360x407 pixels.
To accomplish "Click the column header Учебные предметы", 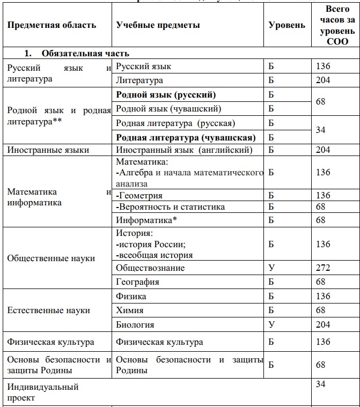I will pyautogui.click(x=158, y=25).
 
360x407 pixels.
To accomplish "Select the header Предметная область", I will pyautogui.click(x=52, y=25).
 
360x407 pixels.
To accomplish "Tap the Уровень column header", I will pyautogui.click(x=287, y=25).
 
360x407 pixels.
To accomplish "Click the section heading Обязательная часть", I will pyautogui.click(x=85, y=54).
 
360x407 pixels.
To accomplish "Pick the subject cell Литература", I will pyautogui.click(x=139, y=80).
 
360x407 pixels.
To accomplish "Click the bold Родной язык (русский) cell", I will pyautogui.click(x=166, y=95).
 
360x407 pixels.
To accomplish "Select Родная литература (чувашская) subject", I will pyautogui.click(x=185, y=137).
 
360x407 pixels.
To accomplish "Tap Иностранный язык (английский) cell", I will pyautogui.click(x=184, y=150).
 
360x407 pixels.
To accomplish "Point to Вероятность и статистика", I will pyautogui.click(x=170, y=207).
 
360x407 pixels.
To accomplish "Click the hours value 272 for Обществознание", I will pyautogui.click(x=324, y=268).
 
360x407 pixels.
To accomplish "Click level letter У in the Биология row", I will pyautogui.click(x=271, y=324).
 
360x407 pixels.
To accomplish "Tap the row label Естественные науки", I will pyautogui.click(x=48, y=310).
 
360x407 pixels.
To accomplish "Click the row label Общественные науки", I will pyautogui.click(x=51, y=258).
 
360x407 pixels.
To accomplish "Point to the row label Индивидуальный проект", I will pyautogui.click(x=43, y=393).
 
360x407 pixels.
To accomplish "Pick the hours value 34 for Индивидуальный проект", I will pyautogui.click(x=321, y=384).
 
